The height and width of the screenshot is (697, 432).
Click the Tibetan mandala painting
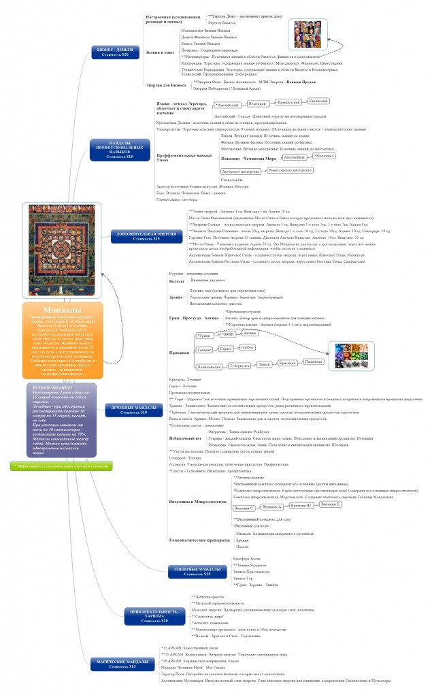63,250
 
